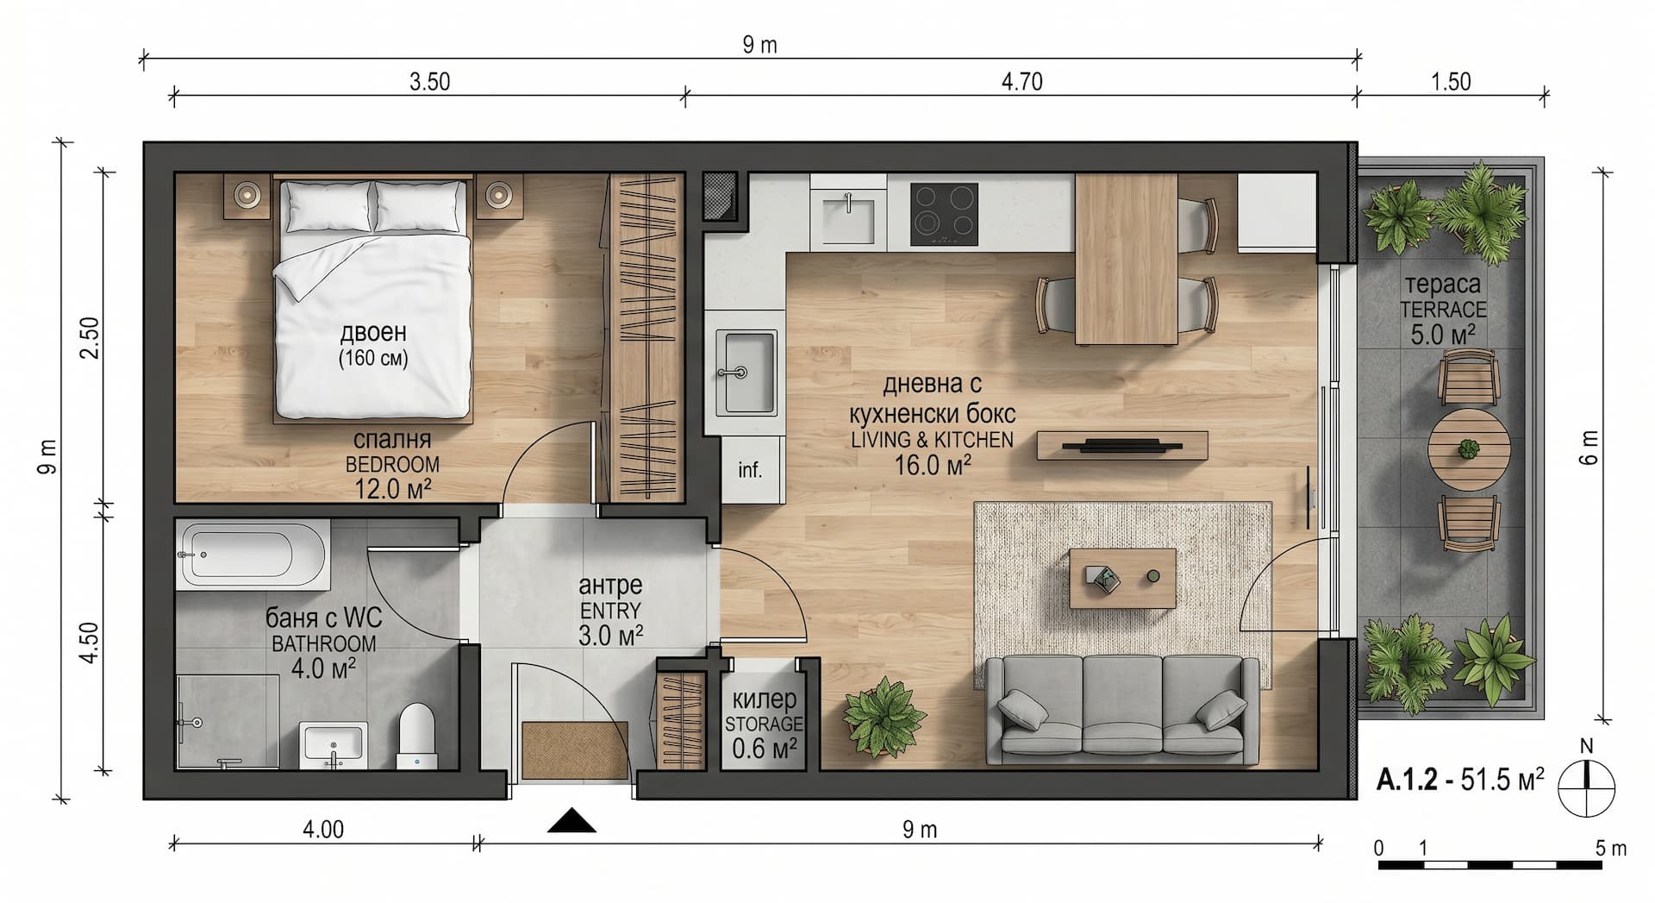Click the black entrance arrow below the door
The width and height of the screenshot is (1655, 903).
tap(571, 821)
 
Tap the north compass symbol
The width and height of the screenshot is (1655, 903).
tap(1586, 787)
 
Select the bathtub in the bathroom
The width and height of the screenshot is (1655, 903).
tap(253, 554)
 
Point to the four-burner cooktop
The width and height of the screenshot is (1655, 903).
tap(944, 215)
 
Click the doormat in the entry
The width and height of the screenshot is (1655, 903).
tap(575, 749)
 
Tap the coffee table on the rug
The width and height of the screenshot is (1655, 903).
tap(1122, 578)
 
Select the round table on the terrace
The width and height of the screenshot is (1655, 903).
tap(1468, 449)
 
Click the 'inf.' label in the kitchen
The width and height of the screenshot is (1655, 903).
tap(750, 470)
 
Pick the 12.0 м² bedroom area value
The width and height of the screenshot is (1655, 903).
tap(392, 489)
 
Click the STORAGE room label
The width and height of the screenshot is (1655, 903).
tap(764, 724)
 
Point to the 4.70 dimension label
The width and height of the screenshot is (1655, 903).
tap(1021, 82)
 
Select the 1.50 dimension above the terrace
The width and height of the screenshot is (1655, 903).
tap(1451, 82)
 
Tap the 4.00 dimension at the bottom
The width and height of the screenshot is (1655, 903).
tap(323, 830)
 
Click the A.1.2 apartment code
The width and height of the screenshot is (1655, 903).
tap(1407, 780)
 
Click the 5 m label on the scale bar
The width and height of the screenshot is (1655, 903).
tap(1610, 849)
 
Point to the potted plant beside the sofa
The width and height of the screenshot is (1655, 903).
tap(884, 716)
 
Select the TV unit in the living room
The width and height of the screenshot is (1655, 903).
tap(1121, 445)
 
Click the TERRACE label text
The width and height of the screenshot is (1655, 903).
tap(1443, 309)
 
